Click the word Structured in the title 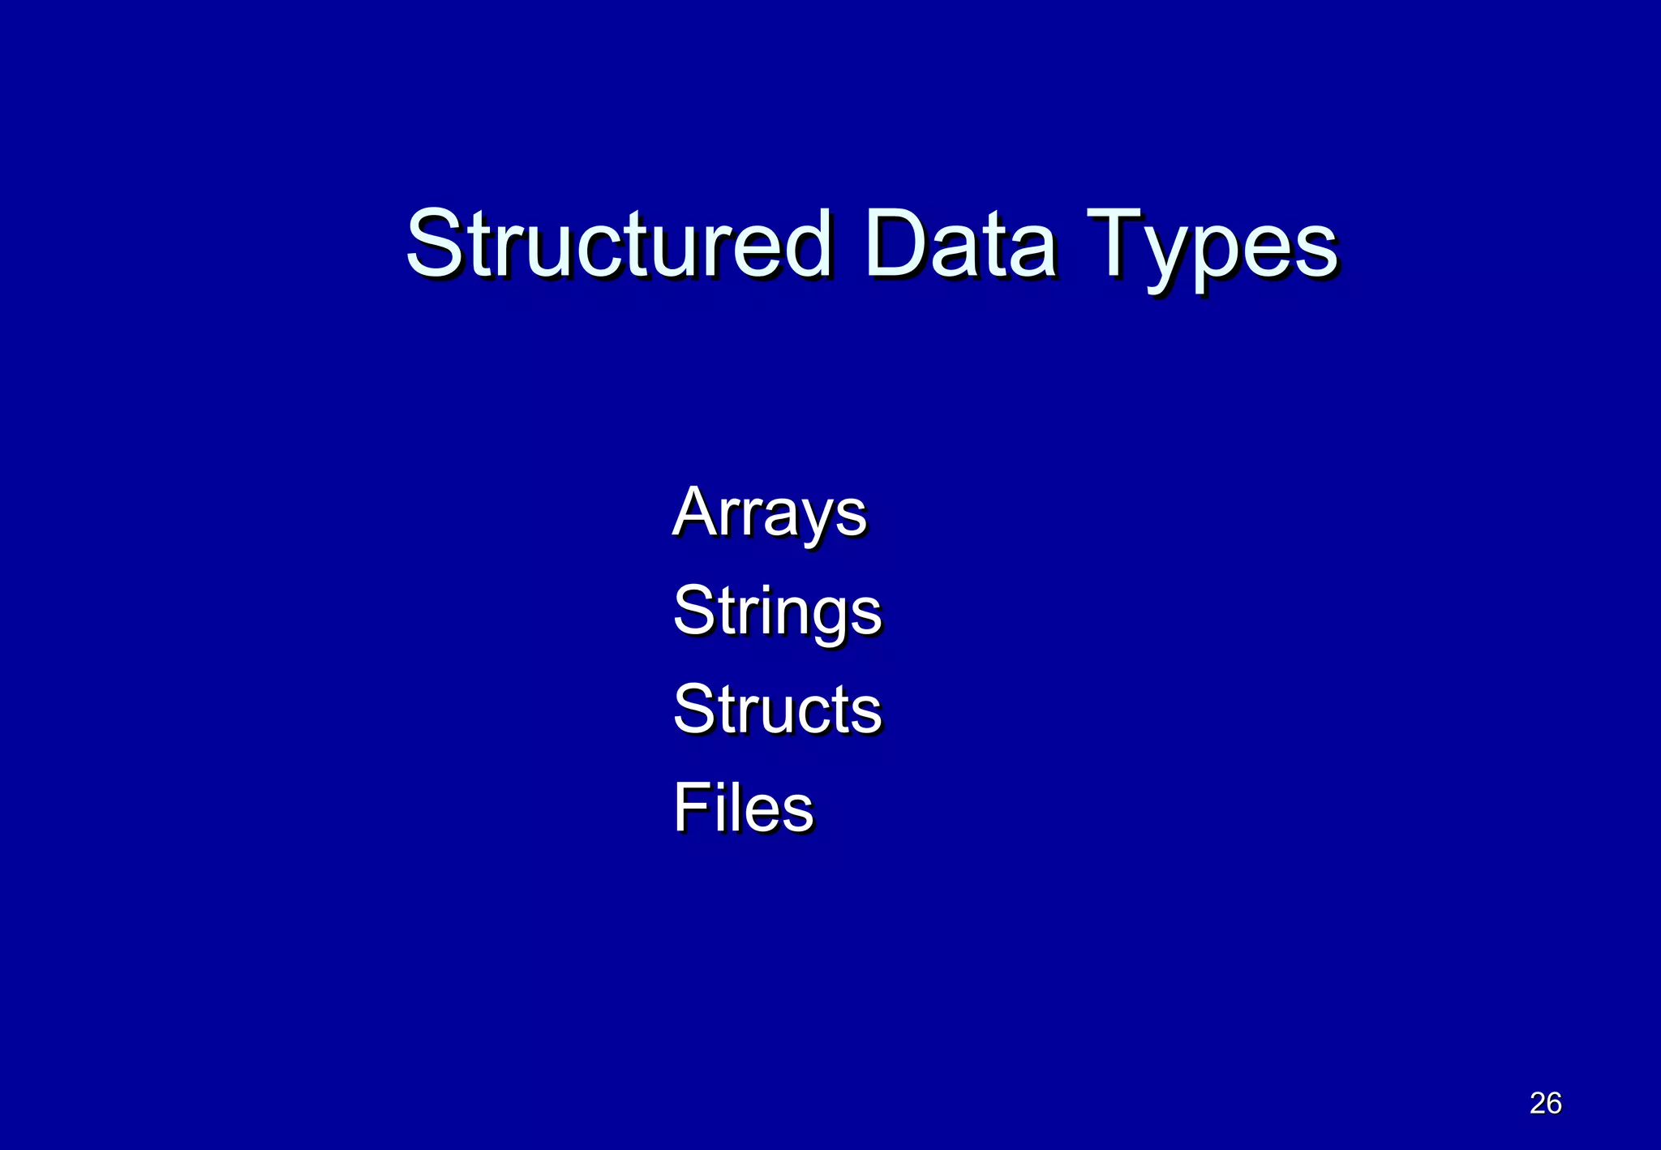(x=619, y=243)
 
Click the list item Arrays (x=770, y=513)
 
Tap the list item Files (x=743, y=808)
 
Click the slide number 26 (x=1545, y=1103)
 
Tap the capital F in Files (x=689, y=808)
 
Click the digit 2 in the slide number (x=1537, y=1103)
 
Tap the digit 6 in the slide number (x=1554, y=1103)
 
